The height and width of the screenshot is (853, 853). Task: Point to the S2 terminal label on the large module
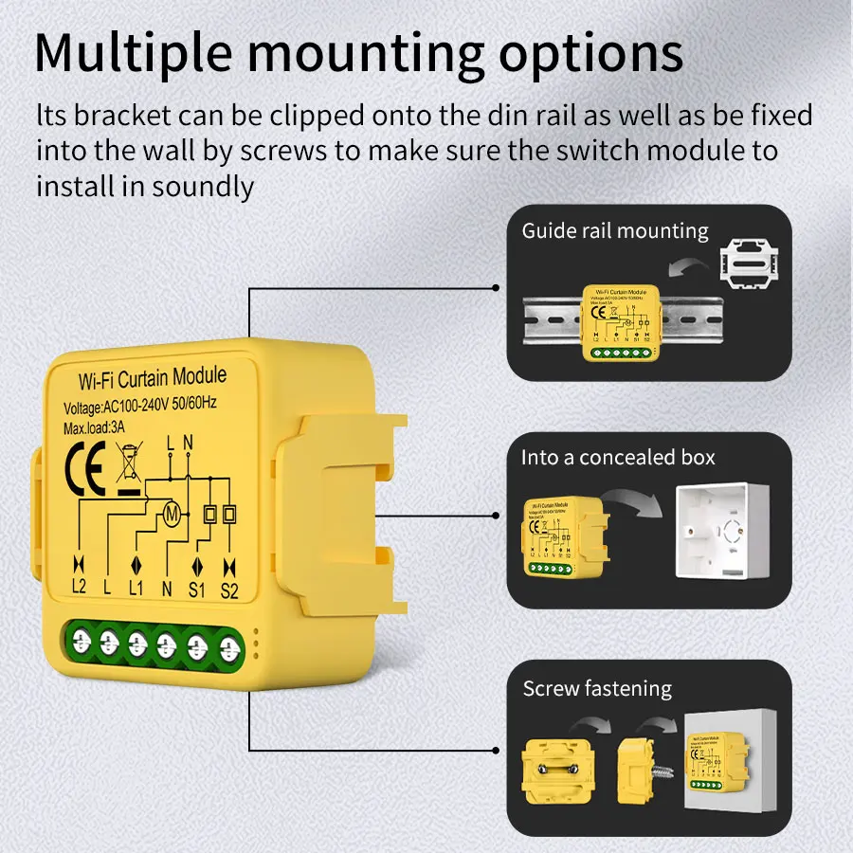click(x=228, y=588)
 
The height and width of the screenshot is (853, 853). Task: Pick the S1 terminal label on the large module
click(x=197, y=588)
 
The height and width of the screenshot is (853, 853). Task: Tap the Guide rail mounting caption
click(x=615, y=230)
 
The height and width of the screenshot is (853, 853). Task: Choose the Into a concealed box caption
click(x=618, y=458)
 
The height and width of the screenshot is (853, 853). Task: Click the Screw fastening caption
click(x=597, y=689)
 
